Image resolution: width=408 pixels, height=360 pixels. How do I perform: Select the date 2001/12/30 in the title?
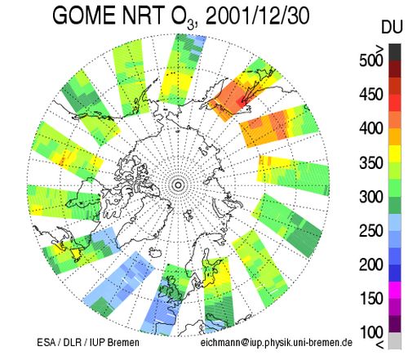pos(257,16)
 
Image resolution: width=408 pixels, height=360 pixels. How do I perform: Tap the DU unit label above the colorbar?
pos(392,27)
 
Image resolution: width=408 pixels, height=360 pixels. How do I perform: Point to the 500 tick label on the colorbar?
pos(371,60)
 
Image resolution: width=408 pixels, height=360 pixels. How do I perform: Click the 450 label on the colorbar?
pos(371,95)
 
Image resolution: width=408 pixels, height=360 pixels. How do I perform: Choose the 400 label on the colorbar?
pos(371,128)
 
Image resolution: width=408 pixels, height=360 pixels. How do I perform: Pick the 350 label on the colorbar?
pos(371,162)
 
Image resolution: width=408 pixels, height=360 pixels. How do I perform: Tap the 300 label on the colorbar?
pos(371,197)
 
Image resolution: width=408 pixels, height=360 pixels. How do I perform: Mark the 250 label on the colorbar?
pos(371,230)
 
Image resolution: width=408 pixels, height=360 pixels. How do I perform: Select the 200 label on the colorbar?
pos(371,264)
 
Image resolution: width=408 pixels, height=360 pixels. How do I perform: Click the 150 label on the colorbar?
pos(371,299)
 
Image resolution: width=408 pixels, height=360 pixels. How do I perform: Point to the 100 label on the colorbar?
pos(371,332)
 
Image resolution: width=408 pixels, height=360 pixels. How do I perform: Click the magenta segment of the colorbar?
pos(395,290)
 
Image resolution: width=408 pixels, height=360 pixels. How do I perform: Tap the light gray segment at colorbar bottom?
pos(395,340)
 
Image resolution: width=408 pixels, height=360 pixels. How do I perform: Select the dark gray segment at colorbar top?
pos(395,52)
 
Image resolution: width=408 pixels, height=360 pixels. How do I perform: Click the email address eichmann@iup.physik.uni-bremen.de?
pos(277,342)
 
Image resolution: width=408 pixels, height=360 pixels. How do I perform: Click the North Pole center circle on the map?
pos(179,185)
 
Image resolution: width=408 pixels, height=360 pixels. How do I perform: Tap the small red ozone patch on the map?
pos(240,102)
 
